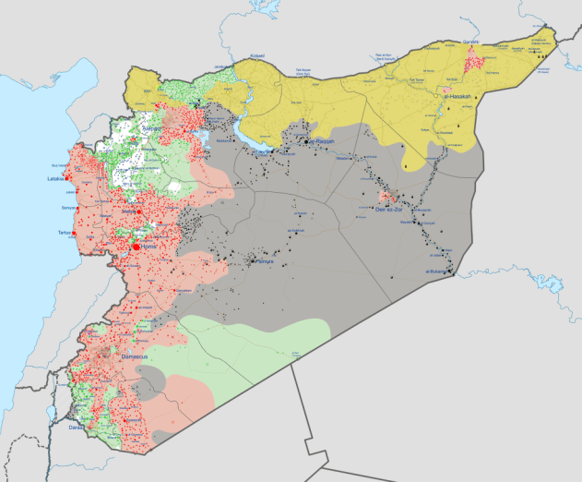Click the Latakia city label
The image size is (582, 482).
(55, 178)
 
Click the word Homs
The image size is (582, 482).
(149, 247)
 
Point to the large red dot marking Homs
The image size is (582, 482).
(136, 247)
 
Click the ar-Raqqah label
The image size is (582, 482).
(319, 141)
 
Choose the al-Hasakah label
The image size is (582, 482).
(458, 96)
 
